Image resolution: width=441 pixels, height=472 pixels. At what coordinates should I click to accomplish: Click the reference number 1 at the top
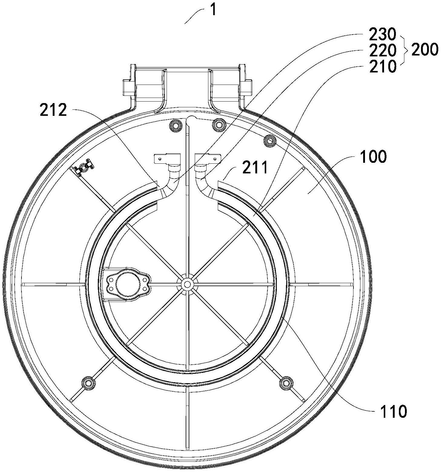214,10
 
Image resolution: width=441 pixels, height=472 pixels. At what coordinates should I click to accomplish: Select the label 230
383,35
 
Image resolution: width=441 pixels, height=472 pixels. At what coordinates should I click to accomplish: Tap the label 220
383,51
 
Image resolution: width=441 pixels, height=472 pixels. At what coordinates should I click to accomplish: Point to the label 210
383,66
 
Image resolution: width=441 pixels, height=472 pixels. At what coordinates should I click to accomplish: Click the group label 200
424,49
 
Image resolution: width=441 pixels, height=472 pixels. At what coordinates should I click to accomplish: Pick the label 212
53,110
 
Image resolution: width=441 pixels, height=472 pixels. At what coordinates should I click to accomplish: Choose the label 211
255,167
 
